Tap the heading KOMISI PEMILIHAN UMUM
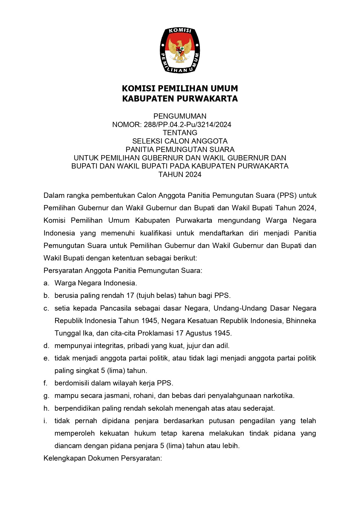point(180,88)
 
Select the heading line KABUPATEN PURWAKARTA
point(180,99)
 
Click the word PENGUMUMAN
point(180,116)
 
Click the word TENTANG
point(180,133)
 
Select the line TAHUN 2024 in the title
point(180,175)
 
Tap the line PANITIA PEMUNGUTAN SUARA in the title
point(180,150)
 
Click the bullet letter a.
point(46,283)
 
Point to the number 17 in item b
point(130,296)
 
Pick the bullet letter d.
point(46,346)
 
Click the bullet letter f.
point(46,383)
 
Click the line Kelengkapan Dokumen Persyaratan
point(102,458)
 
